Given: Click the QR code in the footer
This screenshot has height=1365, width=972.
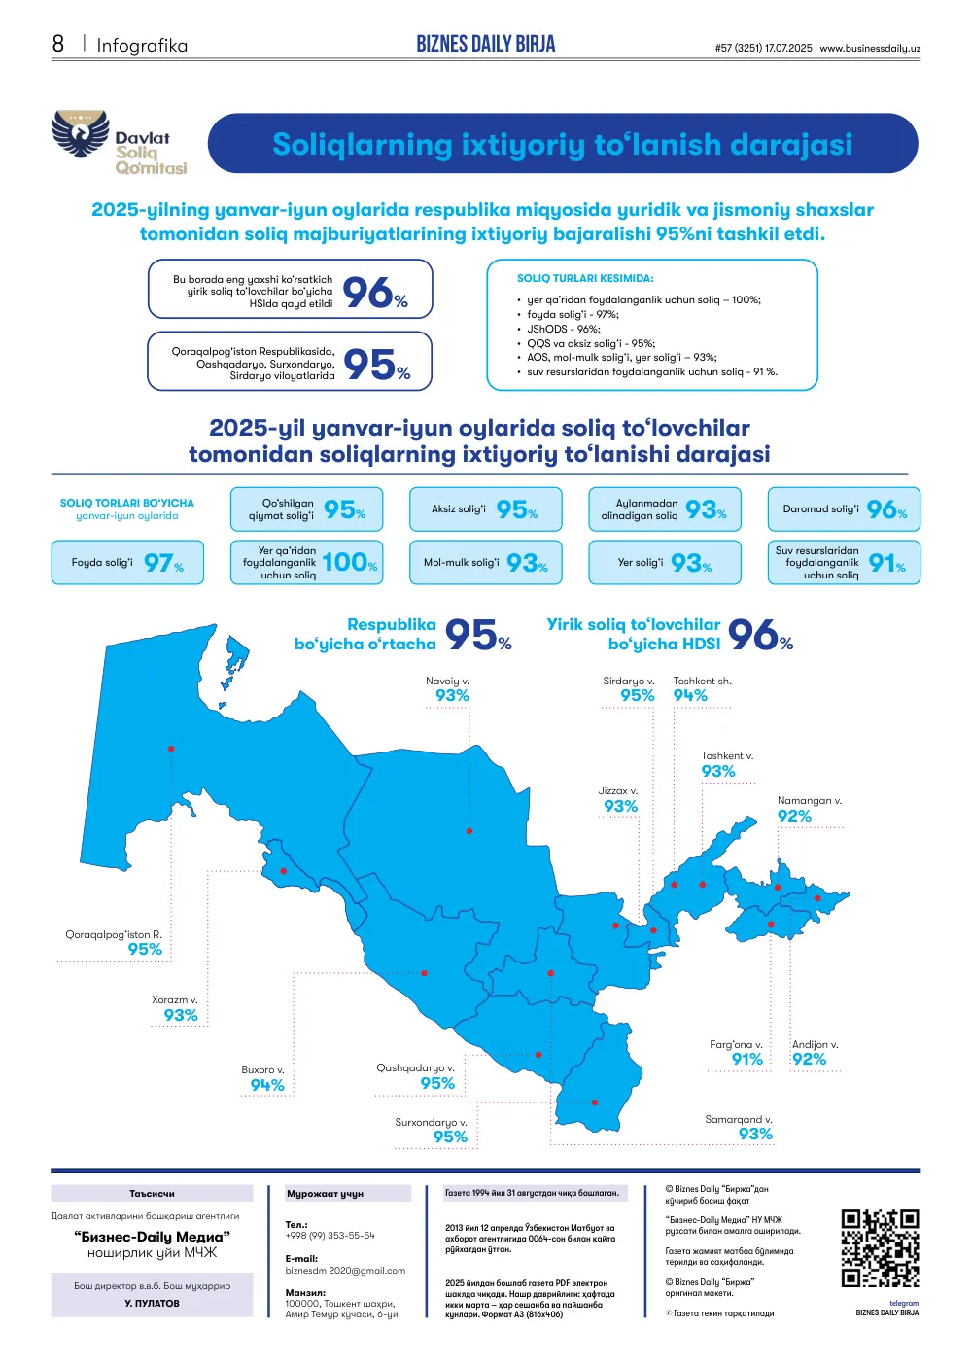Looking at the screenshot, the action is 880,1248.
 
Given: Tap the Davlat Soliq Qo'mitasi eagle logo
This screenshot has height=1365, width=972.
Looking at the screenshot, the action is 80,133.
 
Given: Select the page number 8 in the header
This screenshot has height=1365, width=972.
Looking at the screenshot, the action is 58,44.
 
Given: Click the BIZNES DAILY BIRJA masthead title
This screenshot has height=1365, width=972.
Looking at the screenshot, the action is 486,44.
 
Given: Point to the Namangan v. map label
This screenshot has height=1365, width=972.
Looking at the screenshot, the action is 809,800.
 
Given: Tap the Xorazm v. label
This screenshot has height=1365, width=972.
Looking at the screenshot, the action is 174,999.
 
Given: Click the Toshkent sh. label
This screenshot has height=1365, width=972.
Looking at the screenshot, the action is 702,681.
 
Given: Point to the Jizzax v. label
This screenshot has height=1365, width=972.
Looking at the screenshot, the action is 617,790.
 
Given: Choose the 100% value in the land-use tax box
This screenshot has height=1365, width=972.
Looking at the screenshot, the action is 349,562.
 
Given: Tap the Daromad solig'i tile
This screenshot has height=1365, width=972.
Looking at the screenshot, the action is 844,508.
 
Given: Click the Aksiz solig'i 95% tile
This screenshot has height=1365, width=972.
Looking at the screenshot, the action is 486,508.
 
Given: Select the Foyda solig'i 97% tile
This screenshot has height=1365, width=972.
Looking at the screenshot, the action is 127,562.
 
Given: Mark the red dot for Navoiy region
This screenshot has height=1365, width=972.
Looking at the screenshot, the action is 469,830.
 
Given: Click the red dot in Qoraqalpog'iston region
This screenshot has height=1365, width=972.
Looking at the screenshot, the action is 171,749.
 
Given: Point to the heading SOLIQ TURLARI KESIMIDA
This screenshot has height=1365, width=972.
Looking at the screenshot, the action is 585,278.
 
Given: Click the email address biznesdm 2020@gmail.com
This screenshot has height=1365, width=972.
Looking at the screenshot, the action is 345,1270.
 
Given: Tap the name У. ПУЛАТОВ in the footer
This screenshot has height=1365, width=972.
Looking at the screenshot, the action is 152,1303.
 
